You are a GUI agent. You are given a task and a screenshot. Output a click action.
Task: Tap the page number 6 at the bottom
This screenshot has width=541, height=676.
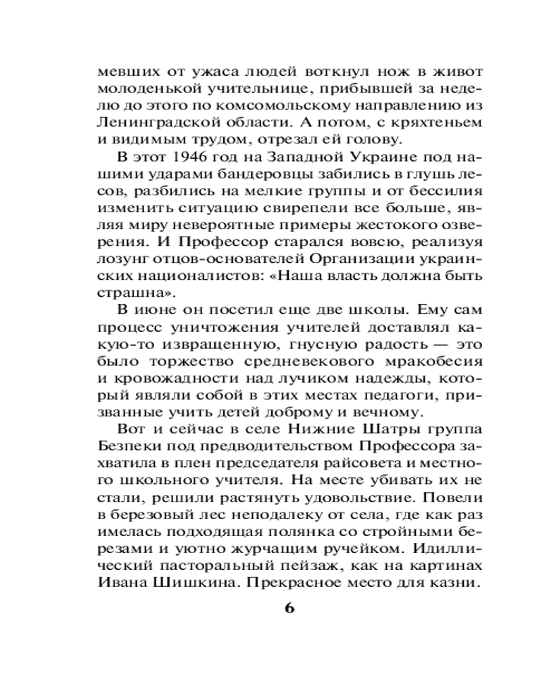click(289, 607)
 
